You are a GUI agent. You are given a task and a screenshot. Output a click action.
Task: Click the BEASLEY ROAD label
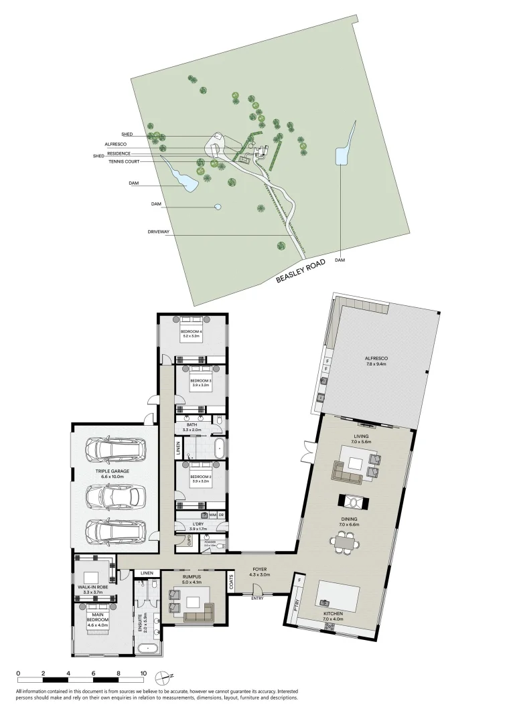click(301, 271)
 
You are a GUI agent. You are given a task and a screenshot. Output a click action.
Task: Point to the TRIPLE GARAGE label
click(112, 471)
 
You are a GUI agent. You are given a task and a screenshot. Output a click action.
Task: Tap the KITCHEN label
click(332, 614)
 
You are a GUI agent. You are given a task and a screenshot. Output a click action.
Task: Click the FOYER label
click(259, 570)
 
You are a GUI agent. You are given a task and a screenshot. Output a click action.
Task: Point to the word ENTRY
click(257, 598)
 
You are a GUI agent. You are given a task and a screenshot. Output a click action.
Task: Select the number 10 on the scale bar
click(143, 673)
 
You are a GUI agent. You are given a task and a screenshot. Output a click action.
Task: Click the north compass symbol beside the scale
click(161, 676)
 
